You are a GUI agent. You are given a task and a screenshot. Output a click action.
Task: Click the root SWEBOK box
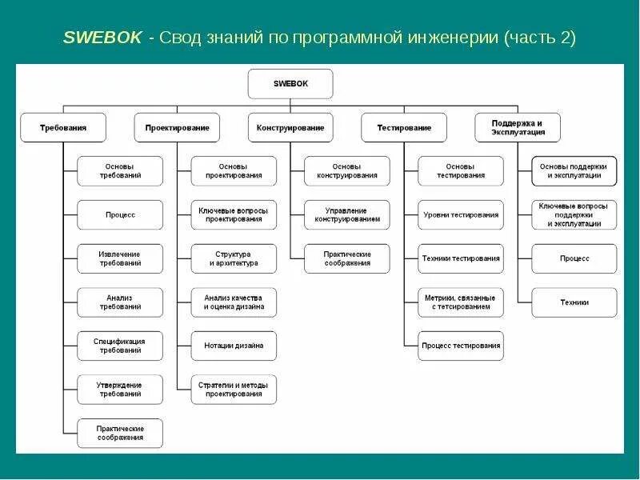click(x=290, y=83)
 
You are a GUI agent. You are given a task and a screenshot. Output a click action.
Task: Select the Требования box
click(x=63, y=127)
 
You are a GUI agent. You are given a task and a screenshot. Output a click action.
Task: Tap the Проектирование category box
click(x=178, y=127)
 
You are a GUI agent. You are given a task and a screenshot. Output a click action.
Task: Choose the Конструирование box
click(x=290, y=127)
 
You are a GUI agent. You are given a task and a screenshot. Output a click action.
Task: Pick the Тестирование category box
click(x=403, y=127)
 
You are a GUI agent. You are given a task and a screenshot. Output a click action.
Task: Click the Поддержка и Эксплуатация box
click(x=518, y=127)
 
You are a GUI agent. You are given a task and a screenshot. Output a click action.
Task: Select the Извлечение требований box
click(x=120, y=258)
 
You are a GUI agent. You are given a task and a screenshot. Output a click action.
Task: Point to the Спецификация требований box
click(x=120, y=346)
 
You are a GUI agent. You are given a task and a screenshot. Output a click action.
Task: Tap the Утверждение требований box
click(x=120, y=390)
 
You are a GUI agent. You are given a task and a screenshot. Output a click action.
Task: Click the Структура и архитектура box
click(x=234, y=258)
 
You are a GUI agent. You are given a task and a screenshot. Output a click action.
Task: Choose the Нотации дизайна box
click(x=234, y=346)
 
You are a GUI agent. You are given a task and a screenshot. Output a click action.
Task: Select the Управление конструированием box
click(x=347, y=214)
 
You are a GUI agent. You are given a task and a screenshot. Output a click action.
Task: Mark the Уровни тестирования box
click(x=461, y=214)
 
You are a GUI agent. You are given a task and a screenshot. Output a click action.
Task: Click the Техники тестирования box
click(x=461, y=258)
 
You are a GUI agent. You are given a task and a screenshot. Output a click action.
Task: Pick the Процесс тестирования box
click(x=461, y=346)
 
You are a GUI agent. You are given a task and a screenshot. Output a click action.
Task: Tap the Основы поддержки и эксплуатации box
click(x=574, y=170)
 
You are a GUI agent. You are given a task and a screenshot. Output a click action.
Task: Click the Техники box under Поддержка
click(x=574, y=302)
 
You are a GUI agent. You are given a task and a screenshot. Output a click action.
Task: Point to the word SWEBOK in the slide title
click(x=102, y=38)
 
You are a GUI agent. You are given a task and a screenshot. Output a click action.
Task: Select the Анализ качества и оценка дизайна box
click(x=234, y=302)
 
